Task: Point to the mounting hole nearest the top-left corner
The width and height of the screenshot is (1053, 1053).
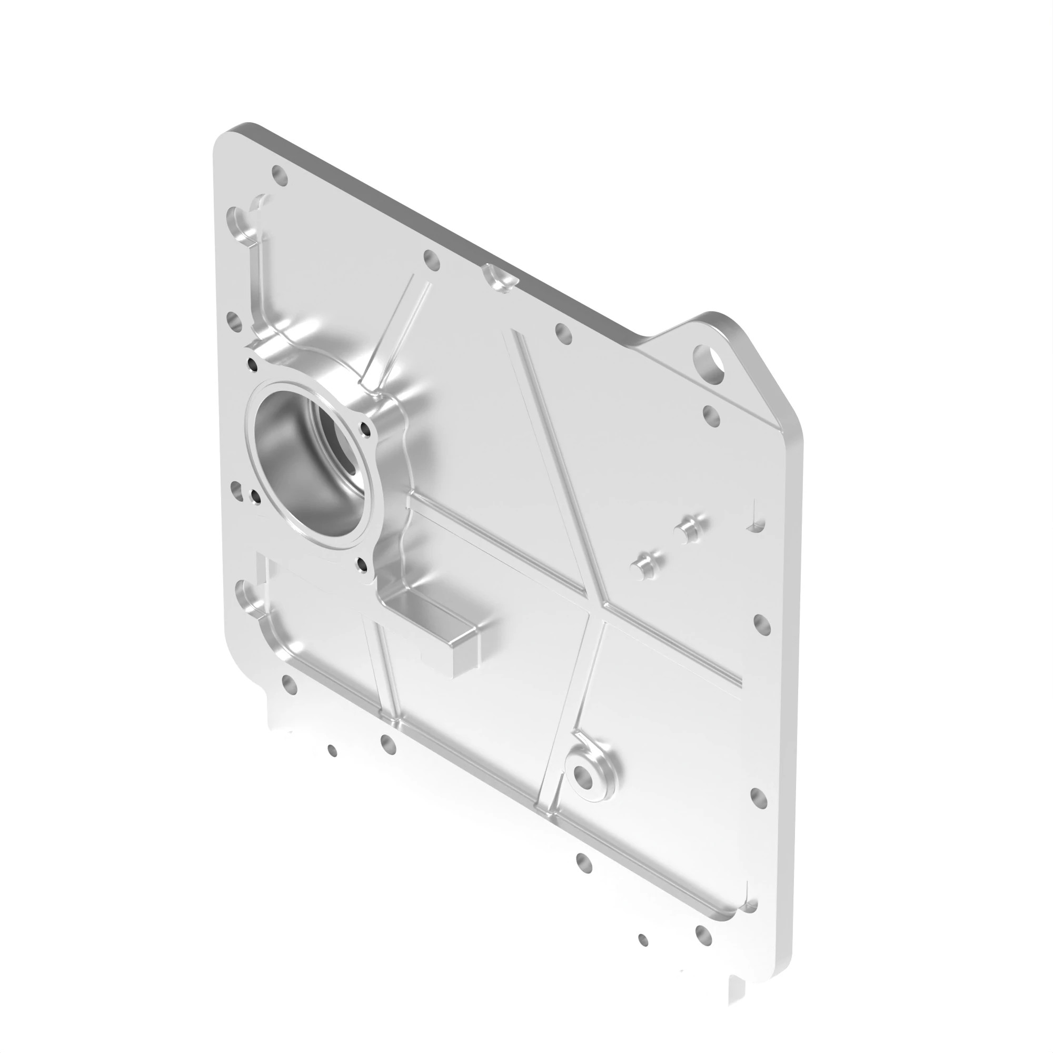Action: tap(279, 175)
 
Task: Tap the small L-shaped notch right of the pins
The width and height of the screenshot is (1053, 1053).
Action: tap(755, 523)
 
